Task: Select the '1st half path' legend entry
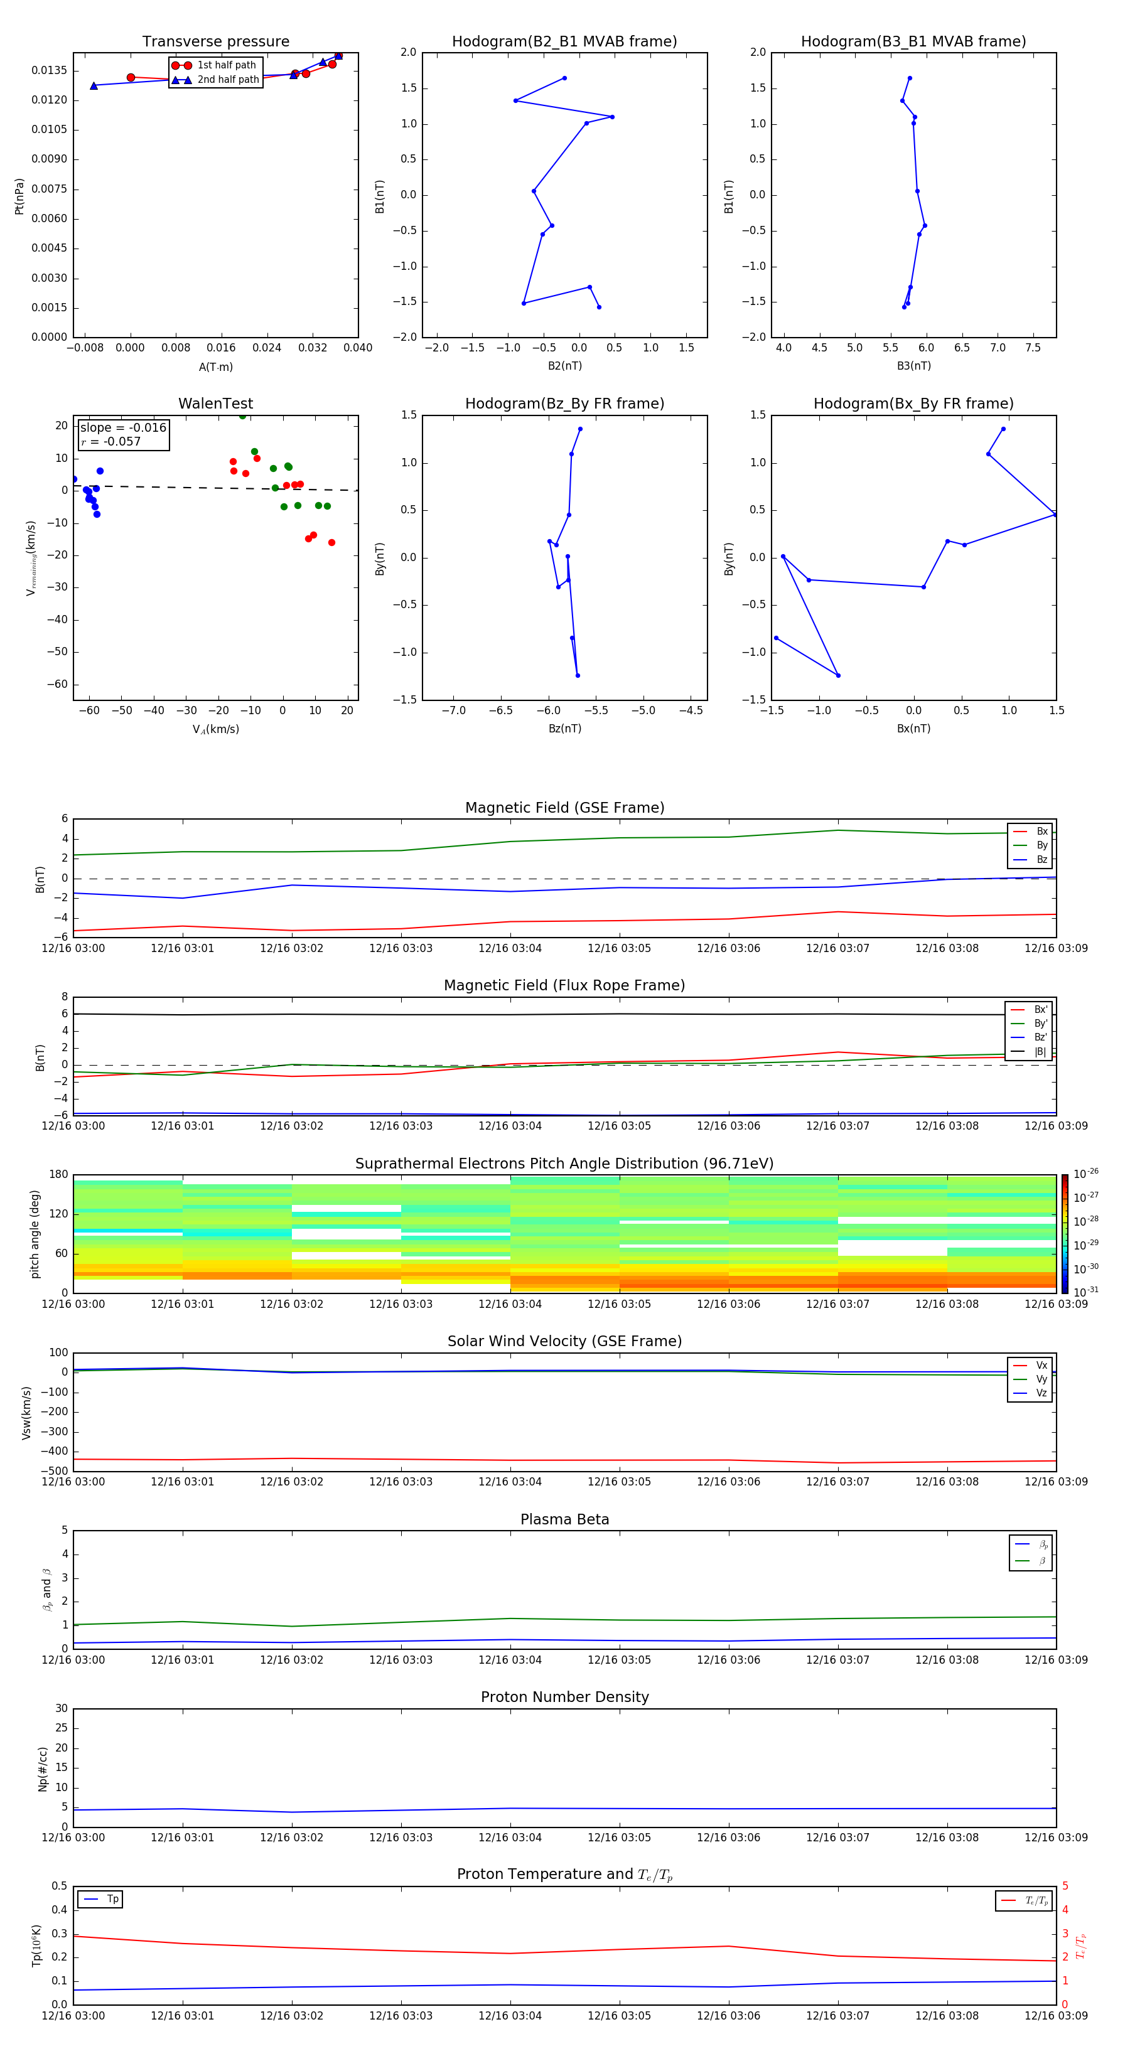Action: pos(226,65)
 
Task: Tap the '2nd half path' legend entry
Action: pos(228,80)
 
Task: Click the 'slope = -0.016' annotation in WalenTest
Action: pos(123,428)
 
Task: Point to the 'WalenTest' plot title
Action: pos(215,404)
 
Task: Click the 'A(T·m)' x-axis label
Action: pos(215,367)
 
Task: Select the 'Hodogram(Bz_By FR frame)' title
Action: pos(564,404)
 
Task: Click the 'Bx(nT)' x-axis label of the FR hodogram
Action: pos(913,729)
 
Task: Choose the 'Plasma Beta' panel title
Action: pos(564,1519)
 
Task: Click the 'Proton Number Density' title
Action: pos(564,1697)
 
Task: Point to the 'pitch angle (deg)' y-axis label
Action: pos(35,1233)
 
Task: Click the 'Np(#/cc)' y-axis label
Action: pos(43,1769)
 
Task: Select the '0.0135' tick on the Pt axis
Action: pos(50,71)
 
